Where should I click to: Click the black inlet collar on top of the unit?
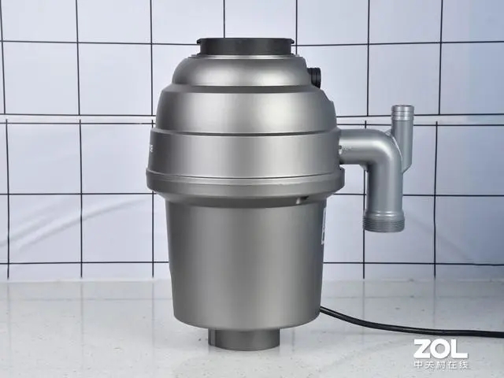(246, 47)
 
